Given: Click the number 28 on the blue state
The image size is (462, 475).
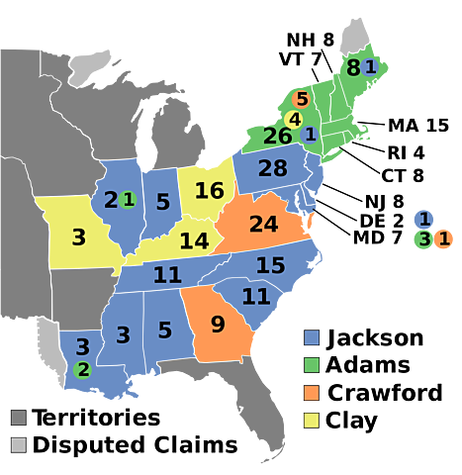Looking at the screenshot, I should [x=273, y=168].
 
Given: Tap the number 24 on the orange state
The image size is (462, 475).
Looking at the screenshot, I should [x=263, y=224].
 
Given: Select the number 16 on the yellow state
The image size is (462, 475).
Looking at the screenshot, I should [x=210, y=190].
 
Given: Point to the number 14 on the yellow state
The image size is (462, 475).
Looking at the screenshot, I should [x=194, y=240].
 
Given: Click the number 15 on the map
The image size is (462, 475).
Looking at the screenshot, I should [x=270, y=265].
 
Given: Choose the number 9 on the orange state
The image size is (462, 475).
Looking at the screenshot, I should [x=218, y=324].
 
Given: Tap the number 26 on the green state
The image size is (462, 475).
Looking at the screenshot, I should [x=277, y=136].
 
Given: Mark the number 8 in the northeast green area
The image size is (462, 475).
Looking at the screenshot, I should [x=352, y=68].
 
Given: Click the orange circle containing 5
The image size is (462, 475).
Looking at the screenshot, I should [x=302, y=99].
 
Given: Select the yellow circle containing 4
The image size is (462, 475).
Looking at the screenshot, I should [x=294, y=119].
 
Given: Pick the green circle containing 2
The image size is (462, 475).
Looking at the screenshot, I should [x=83, y=369].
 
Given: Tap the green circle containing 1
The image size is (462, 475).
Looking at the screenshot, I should [x=128, y=199].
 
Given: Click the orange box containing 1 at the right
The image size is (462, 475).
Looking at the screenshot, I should [x=444, y=237].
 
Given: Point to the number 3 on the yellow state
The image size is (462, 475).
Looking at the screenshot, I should [x=78, y=237].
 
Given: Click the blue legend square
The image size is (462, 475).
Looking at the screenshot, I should [x=312, y=337].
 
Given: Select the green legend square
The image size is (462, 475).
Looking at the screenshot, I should [x=312, y=365].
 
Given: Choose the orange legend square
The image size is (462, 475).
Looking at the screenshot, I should [x=312, y=393].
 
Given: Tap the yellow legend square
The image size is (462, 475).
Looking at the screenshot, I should [x=312, y=421].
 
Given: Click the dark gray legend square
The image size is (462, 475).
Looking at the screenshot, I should [x=18, y=417].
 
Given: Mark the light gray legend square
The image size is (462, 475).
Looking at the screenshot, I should [x=18, y=444].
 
